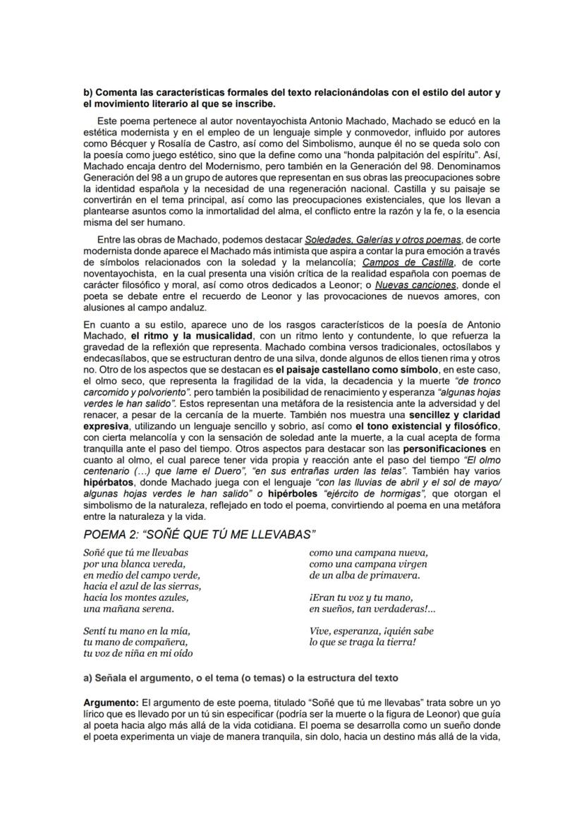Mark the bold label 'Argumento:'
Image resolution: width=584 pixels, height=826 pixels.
pos(111,703)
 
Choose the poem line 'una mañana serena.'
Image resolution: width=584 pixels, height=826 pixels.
pos(128,608)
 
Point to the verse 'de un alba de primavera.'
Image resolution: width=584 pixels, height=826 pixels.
pos(365,575)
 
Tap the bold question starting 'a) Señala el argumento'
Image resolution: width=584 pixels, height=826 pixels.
pos(241,678)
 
